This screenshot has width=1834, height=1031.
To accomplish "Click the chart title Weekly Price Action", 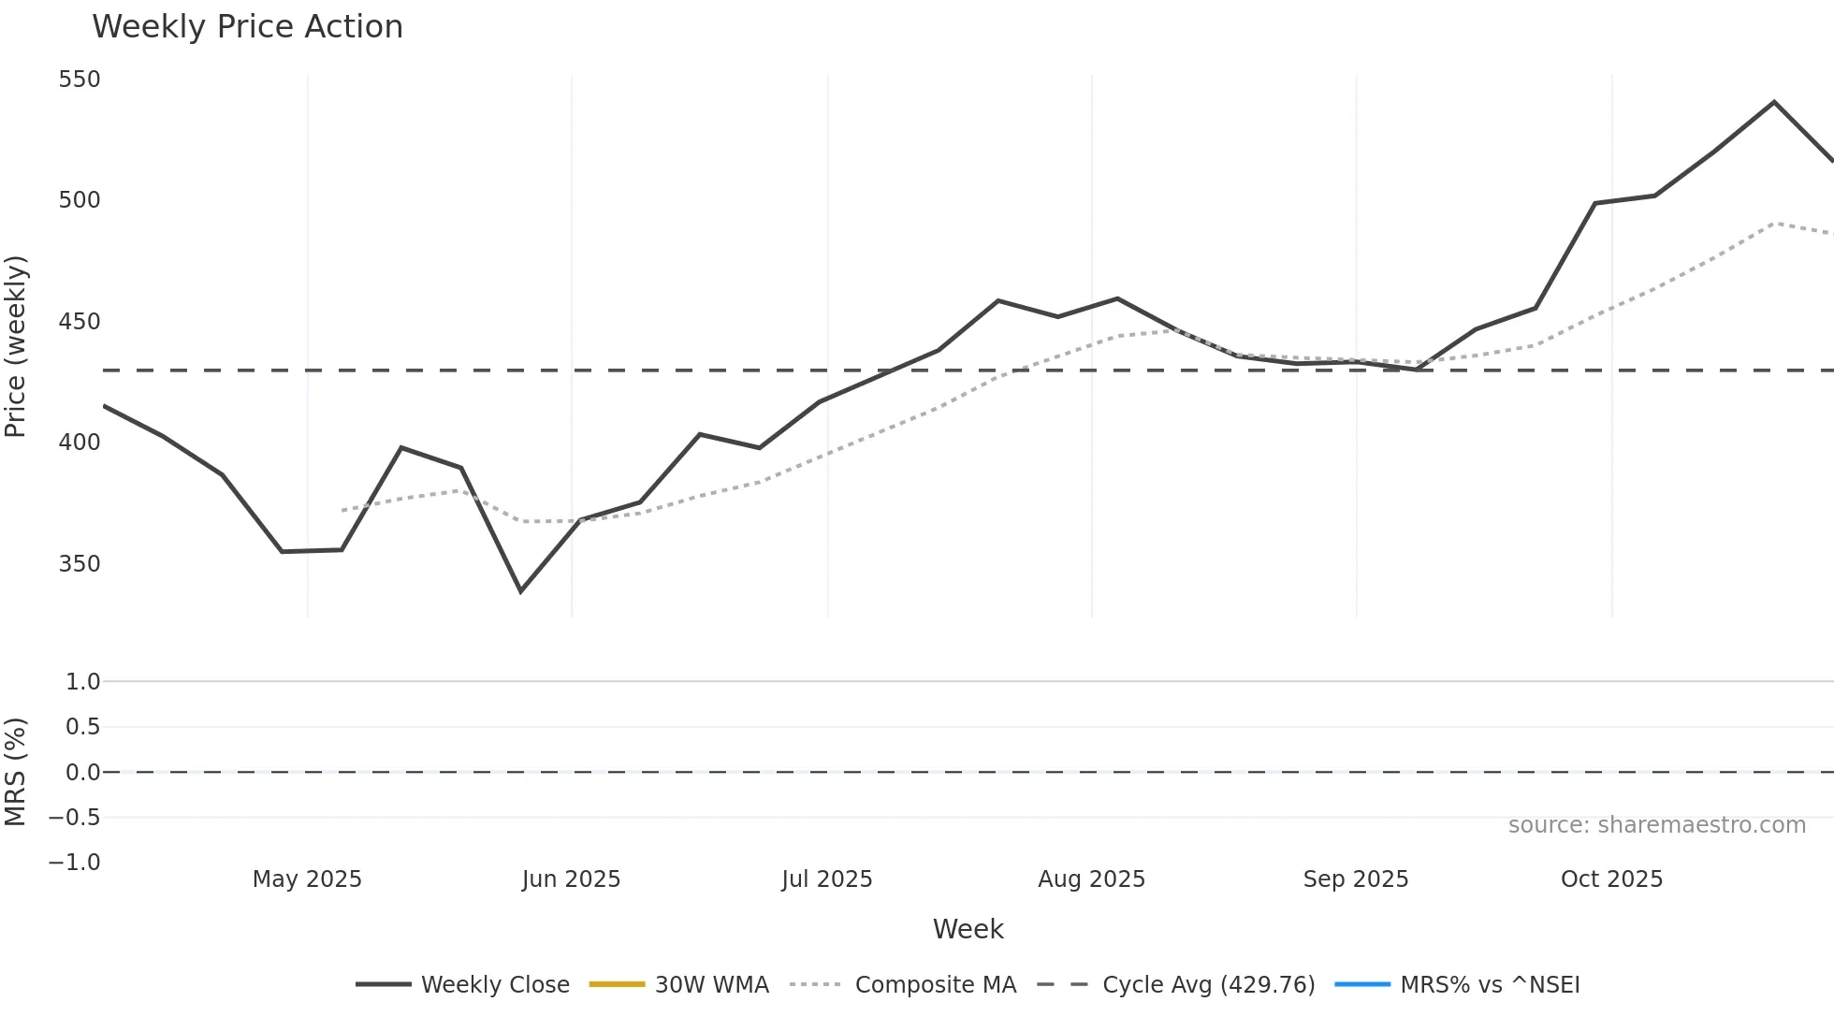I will [x=247, y=27].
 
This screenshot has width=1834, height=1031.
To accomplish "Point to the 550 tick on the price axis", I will [x=80, y=80].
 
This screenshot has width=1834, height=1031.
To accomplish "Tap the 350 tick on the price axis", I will [x=80, y=564].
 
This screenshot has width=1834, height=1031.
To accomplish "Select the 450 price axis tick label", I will [x=80, y=322].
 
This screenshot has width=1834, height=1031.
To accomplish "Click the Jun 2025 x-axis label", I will [x=571, y=879].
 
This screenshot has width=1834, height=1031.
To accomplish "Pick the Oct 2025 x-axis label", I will [x=1611, y=879].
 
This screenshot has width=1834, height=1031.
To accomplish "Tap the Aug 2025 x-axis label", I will [x=1091, y=879].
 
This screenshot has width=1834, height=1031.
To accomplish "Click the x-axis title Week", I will [x=968, y=929].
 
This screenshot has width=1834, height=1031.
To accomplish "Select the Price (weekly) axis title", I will [x=16, y=346].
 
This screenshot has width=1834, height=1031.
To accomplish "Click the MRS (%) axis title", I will [x=16, y=772].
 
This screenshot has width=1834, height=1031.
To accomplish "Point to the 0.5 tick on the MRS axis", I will [x=83, y=727].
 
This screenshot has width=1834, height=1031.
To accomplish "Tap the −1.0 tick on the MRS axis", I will [x=75, y=863].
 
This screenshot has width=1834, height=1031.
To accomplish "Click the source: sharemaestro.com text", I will [x=1656, y=825].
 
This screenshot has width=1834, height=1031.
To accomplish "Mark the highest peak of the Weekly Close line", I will [x=1774, y=102].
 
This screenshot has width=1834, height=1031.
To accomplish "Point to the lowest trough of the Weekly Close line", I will [x=521, y=591].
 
